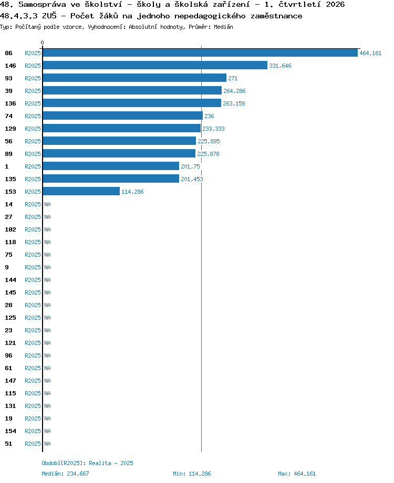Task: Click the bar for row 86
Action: point(200,52)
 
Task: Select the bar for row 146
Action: point(155,65)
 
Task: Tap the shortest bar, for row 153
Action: point(81,191)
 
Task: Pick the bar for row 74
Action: point(123,116)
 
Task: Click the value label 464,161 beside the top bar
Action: point(370,53)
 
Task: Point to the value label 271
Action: point(233,78)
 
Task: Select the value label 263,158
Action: point(234,103)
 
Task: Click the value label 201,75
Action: point(190,166)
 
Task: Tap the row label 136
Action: point(10,103)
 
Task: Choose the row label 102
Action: point(10,229)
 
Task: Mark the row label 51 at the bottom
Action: point(8,444)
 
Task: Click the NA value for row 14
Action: point(47,204)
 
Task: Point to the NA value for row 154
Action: point(47,431)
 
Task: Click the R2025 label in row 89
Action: point(33,154)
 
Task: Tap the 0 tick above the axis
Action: point(42,43)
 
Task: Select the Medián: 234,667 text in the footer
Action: point(65,474)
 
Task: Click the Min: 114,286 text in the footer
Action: point(192,474)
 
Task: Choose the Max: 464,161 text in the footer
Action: point(297,474)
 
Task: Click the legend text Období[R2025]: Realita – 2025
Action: point(87,463)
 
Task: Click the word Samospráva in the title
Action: point(42,5)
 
